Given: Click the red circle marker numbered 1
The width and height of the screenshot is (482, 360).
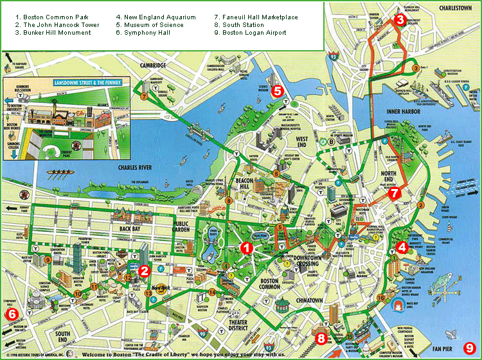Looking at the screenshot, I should (x=245, y=247).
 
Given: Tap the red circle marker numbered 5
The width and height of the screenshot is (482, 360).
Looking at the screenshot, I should (x=277, y=91).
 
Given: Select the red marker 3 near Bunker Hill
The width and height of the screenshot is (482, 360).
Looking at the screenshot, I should (x=400, y=20).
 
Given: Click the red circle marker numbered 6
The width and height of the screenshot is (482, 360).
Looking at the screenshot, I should (x=11, y=314).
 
